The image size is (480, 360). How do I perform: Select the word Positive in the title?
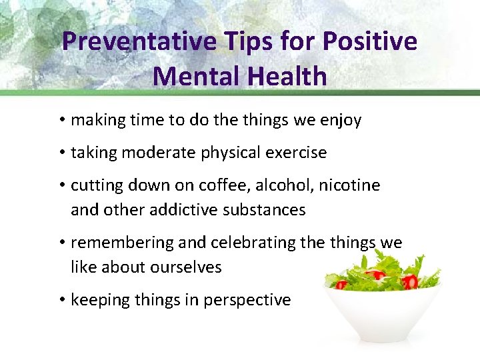[371, 41]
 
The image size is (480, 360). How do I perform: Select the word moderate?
[163, 153]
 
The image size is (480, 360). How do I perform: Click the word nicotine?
[349, 185]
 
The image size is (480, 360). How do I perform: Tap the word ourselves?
[189, 267]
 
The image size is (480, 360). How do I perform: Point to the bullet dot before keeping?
[61, 300]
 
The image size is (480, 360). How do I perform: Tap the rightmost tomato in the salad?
[409, 282]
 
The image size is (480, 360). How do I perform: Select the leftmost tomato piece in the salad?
[341, 285]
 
